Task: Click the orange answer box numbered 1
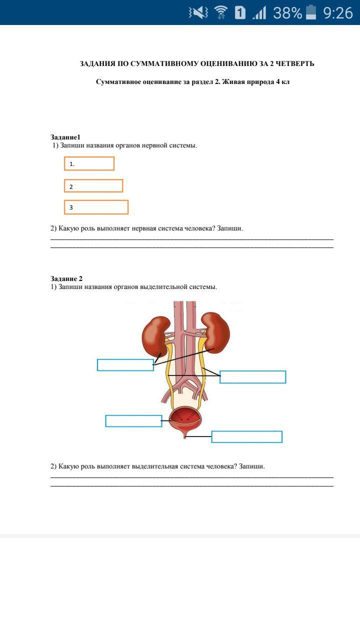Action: (89, 163)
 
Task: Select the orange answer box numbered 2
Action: (93, 186)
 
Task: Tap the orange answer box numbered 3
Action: (96, 207)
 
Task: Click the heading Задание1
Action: (65, 137)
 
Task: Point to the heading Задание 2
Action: (66, 278)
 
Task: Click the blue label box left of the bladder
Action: (133, 421)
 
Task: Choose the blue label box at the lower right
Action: (246, 437)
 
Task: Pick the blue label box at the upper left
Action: (125, 365)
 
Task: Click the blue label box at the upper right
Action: (252, 377)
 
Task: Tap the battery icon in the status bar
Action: (311, 12)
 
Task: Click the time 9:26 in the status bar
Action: (338, 12)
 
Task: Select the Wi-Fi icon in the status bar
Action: (220, 12)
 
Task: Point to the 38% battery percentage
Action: (287, 12)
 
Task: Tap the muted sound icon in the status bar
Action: (198, 12)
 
